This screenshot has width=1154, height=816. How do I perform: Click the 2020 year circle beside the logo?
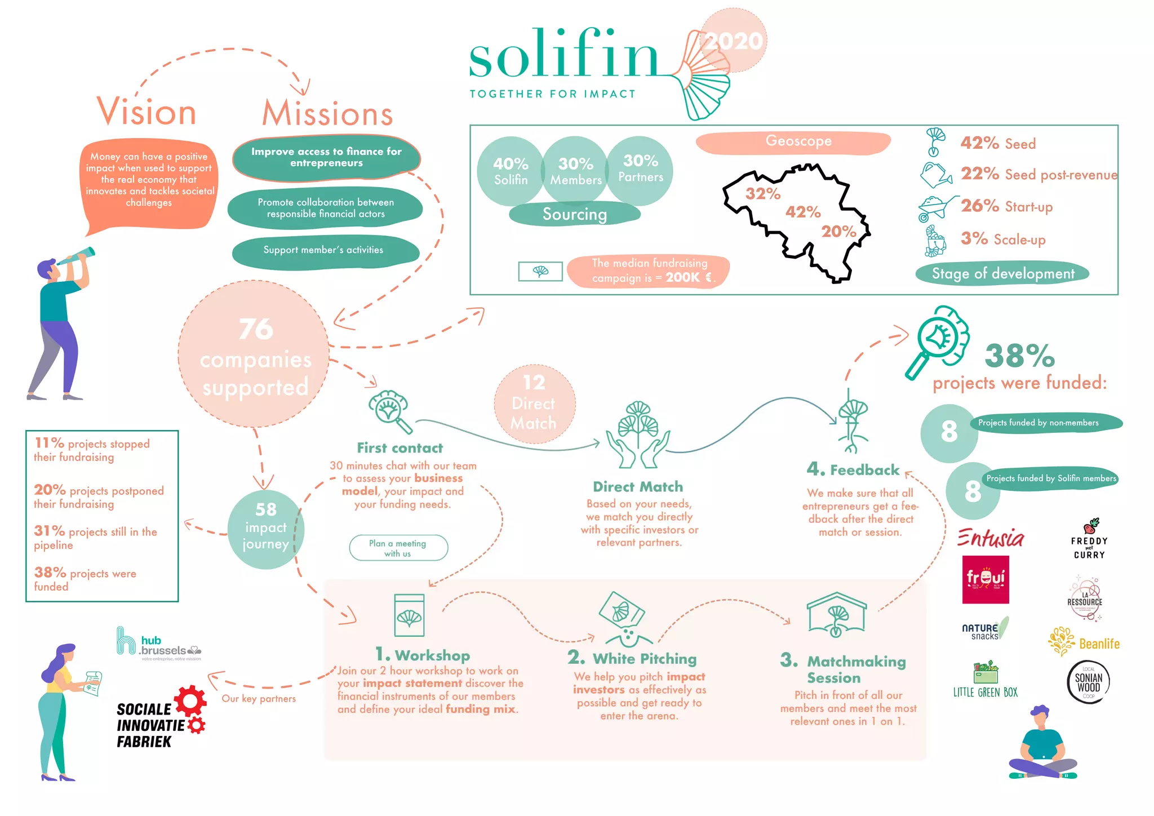[x=733, y=41]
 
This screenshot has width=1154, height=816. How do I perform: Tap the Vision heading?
[x=147, y=112]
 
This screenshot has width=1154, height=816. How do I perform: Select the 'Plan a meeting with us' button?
[x=398, y=548]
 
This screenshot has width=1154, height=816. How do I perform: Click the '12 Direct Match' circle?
[x=534, y=403]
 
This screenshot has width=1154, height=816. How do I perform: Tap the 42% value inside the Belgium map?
[x=803, y=212]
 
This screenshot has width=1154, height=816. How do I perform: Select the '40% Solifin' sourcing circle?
[x=511, y=171]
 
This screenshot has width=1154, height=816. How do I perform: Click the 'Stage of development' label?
[x=1002, y=274]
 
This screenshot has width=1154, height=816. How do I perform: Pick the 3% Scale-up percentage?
[x=974, y=238]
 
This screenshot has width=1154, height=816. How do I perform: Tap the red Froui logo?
[x=985, y=579]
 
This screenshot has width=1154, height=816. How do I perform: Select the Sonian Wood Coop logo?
[x=1088, y=682]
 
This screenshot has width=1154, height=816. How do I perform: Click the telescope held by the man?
[x=76, y=257]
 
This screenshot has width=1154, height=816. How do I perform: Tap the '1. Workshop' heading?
[x=423, y=655]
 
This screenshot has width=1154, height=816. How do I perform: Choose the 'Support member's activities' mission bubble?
[x=325, y=251]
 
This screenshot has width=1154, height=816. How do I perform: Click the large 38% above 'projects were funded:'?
[x=1019, y=356]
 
